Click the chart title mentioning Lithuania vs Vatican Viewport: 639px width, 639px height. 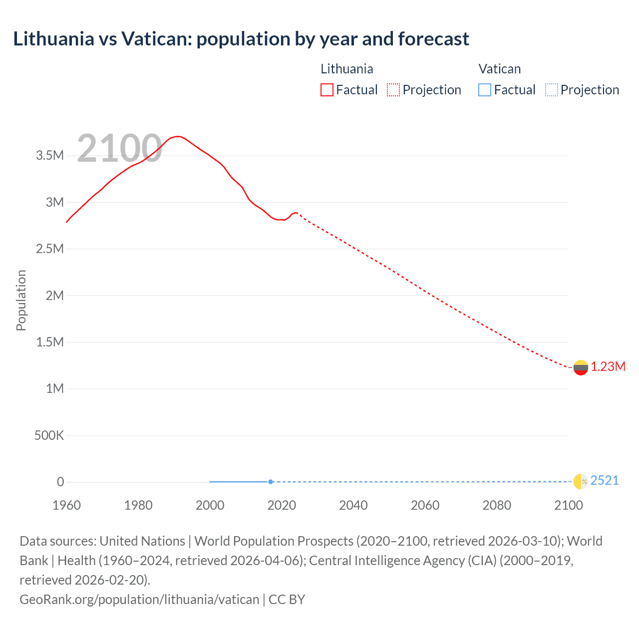click(x=241, y=39)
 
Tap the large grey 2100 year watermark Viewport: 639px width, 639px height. click(x=119, y=148)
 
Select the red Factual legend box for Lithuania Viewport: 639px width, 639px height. click(x=326, y=90)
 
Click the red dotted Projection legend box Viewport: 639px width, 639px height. click(x=393, y=90)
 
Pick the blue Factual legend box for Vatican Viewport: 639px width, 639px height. click(x=484, y=90)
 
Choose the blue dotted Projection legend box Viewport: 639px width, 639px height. click(x=551, y=90)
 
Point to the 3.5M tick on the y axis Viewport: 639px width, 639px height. click(x=50, y=155)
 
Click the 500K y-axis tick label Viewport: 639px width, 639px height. click(x=49, y=435)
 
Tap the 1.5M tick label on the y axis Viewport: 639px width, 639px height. click(x=50, y=342)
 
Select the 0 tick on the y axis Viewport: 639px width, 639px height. click(x=60, y=482)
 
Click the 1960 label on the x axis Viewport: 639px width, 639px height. click(x=66, y=505)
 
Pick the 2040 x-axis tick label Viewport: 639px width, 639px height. click(x=353, y=505)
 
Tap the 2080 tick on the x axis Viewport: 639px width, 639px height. click(x=497, y=505)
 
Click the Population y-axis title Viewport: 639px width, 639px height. click(x=21, y=300)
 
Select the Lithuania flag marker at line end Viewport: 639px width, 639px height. click(x=581, y=367)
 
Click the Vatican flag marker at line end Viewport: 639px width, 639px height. click(x=581, y=481)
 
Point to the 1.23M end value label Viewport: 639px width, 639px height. click(x=608, y=367)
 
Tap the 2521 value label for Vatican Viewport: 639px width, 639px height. click(x=605, y=480)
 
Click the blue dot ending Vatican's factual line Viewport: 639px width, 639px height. click(x=271, y=482)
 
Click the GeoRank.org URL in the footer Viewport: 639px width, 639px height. click(x=139, y=599)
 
